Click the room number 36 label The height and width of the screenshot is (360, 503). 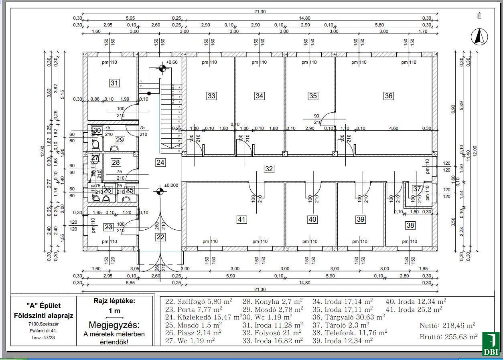point(388,96)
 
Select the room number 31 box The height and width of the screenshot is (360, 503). point(115,83)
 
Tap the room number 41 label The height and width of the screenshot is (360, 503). point(241,219)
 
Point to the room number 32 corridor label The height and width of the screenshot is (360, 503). point(269,169)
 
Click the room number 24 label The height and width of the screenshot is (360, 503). point(160,162)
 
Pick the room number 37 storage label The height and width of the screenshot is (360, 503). point(417,189)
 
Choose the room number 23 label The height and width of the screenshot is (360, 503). point(108,227)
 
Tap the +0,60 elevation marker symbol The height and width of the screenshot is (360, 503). point(162,68)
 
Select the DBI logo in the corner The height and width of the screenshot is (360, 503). point(490,344)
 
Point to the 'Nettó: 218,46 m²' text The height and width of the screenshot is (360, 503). point(447,326)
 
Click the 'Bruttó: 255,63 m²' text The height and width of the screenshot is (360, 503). point(448,337)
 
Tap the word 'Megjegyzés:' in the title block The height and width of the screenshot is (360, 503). point(114,325)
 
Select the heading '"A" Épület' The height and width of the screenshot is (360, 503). point(44,305)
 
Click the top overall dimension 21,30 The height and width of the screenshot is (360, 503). point(260,12)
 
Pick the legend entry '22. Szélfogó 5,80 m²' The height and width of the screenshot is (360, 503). point(199,301)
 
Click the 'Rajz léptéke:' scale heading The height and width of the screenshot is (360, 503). point(114,301)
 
